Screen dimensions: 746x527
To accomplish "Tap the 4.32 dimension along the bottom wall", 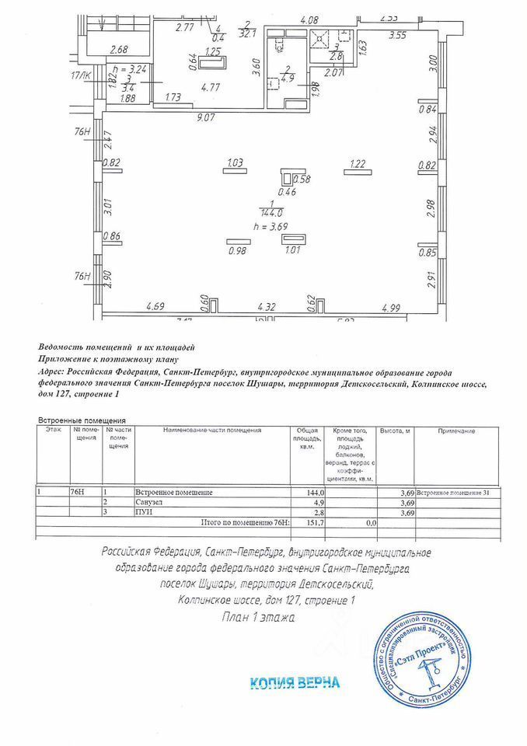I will tap(267, 308).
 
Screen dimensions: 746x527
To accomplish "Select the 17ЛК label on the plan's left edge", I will tap(80, 75).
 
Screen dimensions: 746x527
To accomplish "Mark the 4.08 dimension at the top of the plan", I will tap(310, 19).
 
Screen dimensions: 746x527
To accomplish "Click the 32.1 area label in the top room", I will tap(248, 33).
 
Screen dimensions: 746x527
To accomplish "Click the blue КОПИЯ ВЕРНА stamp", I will tap(295, 683).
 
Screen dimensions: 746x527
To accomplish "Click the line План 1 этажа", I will tap(258, 619).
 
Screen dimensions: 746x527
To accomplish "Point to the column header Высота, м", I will tap(395, 431).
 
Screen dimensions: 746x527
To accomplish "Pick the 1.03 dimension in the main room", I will tap(235, 162).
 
